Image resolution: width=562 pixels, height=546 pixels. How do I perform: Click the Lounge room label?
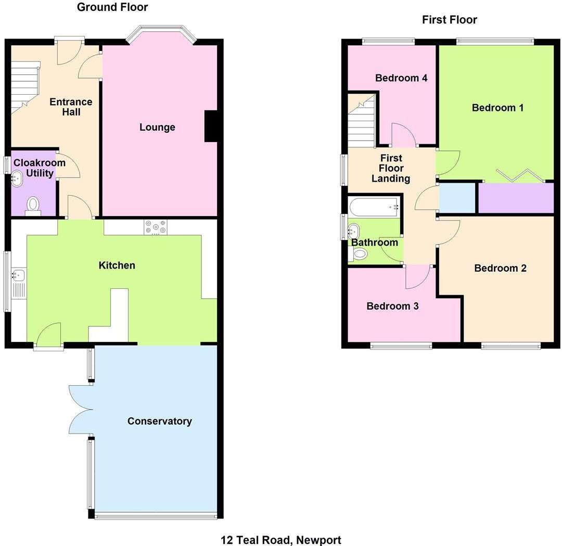click(157, 128)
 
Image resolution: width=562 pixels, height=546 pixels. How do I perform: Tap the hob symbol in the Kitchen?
click(156, 227)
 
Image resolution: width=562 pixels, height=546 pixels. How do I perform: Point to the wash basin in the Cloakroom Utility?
click(16, 180)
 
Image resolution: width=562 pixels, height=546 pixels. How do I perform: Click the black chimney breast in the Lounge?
click(211, 126)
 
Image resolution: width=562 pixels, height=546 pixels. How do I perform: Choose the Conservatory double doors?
click(79, 409)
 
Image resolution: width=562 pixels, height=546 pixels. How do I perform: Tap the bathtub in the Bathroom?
click(374, 207)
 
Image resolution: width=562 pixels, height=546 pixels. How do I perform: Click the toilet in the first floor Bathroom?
click(359, 253)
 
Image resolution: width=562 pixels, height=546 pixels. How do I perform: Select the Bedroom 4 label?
click(401, 78)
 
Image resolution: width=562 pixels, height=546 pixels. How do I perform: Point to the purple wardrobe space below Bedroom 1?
click(516, 198)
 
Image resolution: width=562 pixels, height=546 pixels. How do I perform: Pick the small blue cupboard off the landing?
click(457, 198)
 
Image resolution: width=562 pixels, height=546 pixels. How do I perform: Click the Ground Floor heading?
click(112, 7)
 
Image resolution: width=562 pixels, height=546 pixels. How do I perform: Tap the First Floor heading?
click(450, 20)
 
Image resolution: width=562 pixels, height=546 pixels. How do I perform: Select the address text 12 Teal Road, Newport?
click(281, 540)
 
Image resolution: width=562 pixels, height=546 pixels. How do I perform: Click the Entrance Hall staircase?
click(25, 86)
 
